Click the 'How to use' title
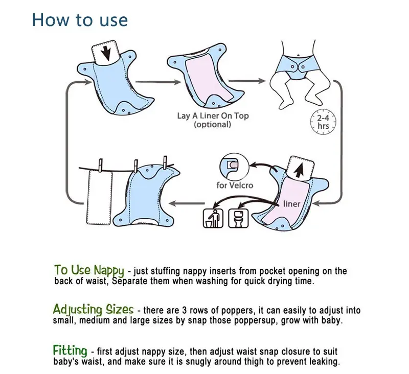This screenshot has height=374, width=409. pos(80,20)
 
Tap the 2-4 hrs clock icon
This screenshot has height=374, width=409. pos(323,122)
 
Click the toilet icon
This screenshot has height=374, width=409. pos(238,218)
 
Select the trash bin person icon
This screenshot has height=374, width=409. pos(213,218)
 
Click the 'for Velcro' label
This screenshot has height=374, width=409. pos(235,185)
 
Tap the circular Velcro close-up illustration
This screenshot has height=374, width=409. pos(235,166)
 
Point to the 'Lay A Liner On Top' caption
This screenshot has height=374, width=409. pos(213,115)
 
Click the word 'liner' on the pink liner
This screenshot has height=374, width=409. pos(291,203)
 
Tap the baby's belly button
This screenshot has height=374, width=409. pos(299,55)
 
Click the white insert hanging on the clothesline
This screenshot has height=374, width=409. pos(99,197)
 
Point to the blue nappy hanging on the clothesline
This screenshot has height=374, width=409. pos(147,196)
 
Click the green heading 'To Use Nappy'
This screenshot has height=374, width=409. pos(89,270)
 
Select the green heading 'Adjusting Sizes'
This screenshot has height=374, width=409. pos(93,309)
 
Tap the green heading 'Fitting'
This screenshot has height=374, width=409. pos(70,350)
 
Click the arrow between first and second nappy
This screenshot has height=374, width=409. pos(158,82)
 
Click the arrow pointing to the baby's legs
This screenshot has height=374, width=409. pos(247,81)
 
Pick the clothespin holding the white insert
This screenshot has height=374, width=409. pos(100,166)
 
